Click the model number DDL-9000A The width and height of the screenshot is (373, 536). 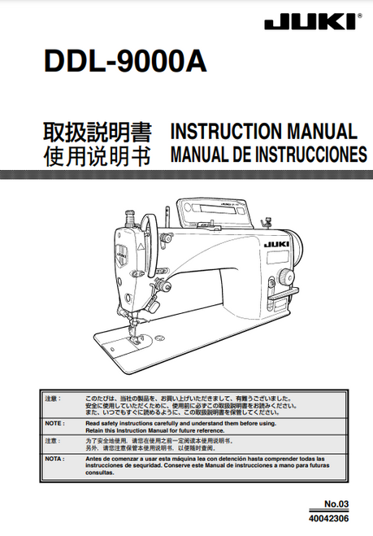point(127,63)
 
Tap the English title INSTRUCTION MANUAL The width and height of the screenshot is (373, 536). point(263,133)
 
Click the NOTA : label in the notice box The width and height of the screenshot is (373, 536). point(55,459)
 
